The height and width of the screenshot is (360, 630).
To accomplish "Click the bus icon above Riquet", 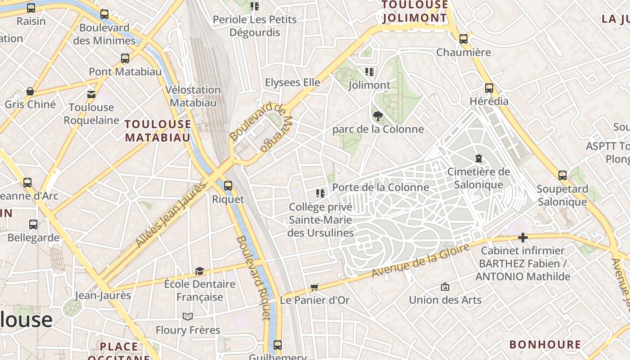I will click(228, 185).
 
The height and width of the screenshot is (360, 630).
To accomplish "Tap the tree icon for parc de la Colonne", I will click(378, 116).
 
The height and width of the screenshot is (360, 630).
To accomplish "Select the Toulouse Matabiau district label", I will click(157, 130).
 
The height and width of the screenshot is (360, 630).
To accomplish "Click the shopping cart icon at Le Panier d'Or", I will click(315, 287).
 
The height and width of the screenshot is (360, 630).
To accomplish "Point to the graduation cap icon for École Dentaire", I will click(199, 271).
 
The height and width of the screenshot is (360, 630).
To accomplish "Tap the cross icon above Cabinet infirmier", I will click(522, 237).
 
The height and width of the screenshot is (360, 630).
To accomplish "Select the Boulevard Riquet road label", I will click(253, 278).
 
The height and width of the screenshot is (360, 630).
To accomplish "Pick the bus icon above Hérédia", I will click(489, 88).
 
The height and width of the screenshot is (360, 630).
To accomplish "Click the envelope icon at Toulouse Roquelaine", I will click(91, 94).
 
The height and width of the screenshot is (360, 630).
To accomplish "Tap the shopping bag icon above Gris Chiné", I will click(30, 91).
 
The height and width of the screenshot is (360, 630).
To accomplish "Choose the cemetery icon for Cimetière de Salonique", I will click(478, 158).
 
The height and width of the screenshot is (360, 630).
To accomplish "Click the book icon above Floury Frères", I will click(188, 317).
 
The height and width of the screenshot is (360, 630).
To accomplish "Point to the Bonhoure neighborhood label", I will click(545, 345).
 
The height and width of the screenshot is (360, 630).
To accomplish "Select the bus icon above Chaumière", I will click(463, 39).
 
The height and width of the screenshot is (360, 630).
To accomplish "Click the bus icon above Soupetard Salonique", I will click(562, 175).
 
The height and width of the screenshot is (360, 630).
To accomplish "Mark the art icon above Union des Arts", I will click(445, 287).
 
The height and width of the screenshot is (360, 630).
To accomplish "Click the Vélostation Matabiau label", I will click(193, 96).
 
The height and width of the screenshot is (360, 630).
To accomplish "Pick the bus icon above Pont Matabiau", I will click(125, 58).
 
